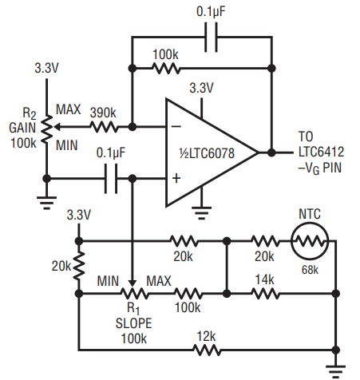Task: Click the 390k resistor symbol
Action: tap(104, 127)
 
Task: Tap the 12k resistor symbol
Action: tap(207, 350)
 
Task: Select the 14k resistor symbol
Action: tap(265, 294)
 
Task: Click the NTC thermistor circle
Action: tap(310, 242)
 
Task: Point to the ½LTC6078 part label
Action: tap(207, 153)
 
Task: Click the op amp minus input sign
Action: tap(176, 126)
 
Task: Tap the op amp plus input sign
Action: tap(176, 178)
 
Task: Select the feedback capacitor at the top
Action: tap(211, 37)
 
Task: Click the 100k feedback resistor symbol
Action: tap(166, 69)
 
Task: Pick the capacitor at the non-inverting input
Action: tap(111, 178)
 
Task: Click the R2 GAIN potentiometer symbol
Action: tap(47, 129)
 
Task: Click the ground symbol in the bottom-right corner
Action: tap(336, 371)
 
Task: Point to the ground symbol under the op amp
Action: tap(201, 213)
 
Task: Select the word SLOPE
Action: tap(133, 323)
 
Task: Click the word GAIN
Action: tap(22, 128)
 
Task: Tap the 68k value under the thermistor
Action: tap(310, 270)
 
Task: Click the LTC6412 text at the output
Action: tap(321, 152)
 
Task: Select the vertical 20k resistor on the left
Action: tap(79, 266)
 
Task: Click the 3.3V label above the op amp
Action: tap(201, 88)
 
